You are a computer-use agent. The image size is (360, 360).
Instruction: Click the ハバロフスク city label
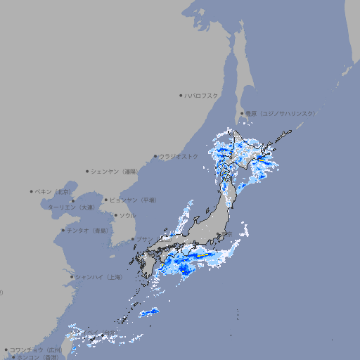point(202,95)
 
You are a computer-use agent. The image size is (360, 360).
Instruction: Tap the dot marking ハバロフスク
point(181,95)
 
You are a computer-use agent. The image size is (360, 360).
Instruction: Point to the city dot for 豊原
point(242,113)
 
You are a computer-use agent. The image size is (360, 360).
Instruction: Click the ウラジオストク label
point(179,156)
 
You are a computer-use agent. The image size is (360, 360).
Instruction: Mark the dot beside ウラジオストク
point(155,156)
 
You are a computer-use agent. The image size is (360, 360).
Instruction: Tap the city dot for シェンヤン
point(88,171)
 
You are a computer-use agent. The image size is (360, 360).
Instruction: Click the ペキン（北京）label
point(54,191)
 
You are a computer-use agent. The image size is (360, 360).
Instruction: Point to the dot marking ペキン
point(32,191)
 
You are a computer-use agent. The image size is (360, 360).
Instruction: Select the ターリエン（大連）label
point(70,207)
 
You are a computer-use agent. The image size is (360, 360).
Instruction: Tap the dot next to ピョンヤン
point(106,200)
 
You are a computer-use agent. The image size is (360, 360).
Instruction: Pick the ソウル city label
point(127,216)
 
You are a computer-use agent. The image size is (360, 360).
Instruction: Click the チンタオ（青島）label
point(88,230)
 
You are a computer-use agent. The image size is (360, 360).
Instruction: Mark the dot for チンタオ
point(63,230)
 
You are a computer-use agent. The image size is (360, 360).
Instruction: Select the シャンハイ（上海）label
point(98,277)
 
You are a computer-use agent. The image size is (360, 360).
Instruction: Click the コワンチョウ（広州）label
point(35,349)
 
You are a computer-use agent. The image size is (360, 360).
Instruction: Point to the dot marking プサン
point(132,239)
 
